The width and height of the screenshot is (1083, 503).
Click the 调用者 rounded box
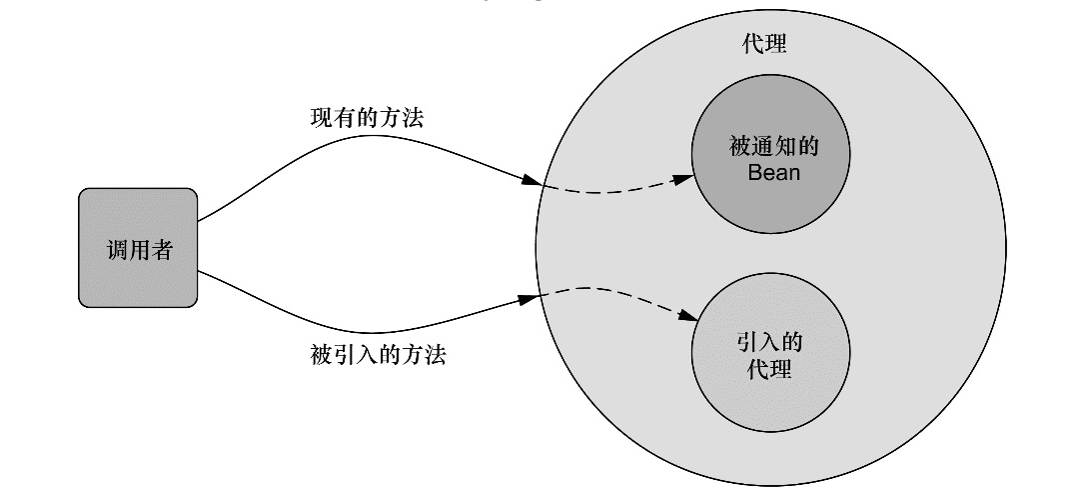pos(138,248)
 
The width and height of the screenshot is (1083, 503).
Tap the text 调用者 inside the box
pos(139,250)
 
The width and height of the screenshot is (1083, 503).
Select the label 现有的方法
pos(367,118)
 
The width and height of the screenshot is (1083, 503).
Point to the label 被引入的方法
pos(378,354)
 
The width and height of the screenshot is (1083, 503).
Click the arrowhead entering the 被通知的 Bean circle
pos(682,179)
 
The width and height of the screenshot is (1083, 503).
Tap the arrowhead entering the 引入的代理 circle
pos(687,316)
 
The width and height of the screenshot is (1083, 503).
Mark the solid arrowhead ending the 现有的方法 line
pos(531,180)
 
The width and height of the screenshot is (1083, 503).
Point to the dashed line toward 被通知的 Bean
pos(609,189)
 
